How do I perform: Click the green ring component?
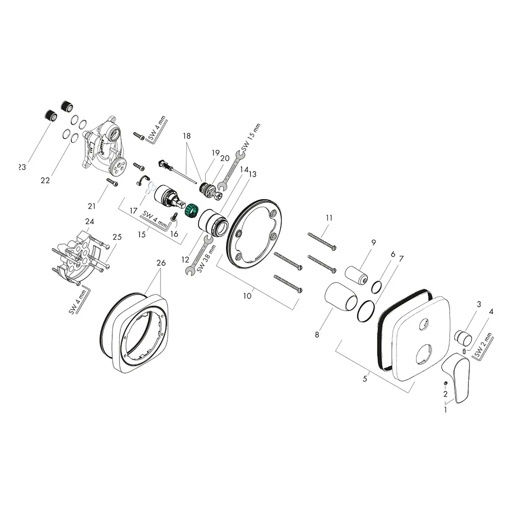[x=191, y=209]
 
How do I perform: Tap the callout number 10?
[x=248, y=295]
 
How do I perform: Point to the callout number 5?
[x=365, y=379]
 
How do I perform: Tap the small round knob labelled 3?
[x=464, y=339]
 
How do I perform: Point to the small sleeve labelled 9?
[x=357, y=275]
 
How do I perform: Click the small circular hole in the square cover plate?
[x=424, y=324]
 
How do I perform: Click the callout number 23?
[x=22, y=167]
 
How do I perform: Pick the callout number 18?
[x=186, y=136]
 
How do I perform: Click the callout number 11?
[x=329, y=218]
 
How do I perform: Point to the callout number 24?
[x=90, y=222]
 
